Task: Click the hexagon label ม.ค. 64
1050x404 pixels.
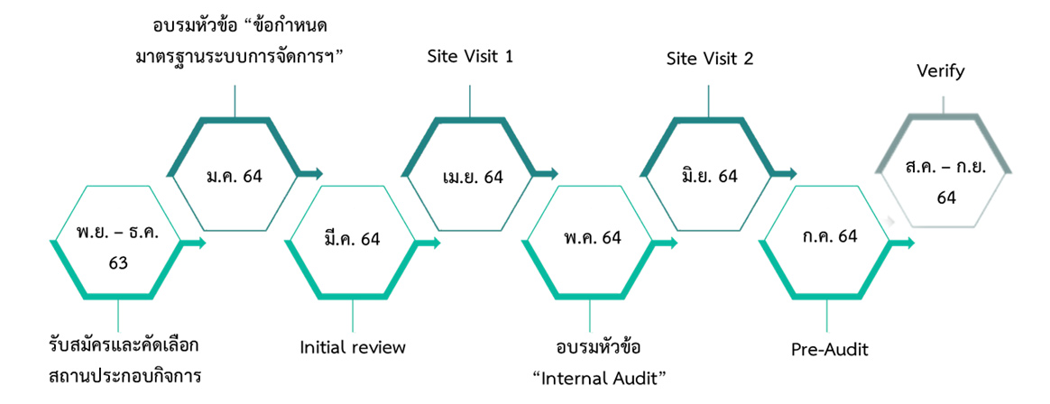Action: click(x=234, y=176)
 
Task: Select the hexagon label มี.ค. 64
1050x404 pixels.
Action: click(x=352, y=239)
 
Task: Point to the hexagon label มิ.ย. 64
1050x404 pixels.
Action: click(x=709, y=176)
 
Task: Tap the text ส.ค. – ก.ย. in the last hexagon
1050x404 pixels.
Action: click(x=945, y=167)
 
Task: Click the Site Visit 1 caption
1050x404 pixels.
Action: click(x=470, y=58)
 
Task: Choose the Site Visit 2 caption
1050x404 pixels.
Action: click(x=709, y=60)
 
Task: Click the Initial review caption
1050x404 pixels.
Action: click(x=353, y=347)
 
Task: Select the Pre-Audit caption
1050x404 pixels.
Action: click(x=829, y=349)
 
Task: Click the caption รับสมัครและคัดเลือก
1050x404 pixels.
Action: click(x=124, y=345)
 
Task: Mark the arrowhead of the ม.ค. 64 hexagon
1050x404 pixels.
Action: click(x=316, y=173)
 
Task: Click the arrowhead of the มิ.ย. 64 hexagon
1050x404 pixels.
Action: click(x=791, y=173)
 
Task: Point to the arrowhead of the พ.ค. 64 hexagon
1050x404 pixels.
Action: click(x=671, y=243)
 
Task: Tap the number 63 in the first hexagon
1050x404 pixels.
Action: click(x=118, y=263)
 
